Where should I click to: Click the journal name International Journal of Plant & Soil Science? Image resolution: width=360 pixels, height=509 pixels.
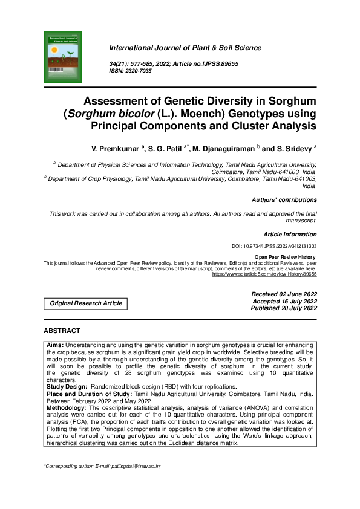click(185, 48)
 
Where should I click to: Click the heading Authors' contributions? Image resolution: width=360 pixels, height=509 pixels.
click(284, 199)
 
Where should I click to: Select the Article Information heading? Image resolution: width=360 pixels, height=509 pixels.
click(290, 234)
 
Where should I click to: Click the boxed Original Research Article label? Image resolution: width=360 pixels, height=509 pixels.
click(85, 303)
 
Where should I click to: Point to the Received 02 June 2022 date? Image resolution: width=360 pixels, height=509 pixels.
click(284, 294)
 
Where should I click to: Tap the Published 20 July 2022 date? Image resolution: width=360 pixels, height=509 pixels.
click(284, 308)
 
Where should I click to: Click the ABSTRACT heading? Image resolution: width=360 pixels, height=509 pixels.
click(62, 331)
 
